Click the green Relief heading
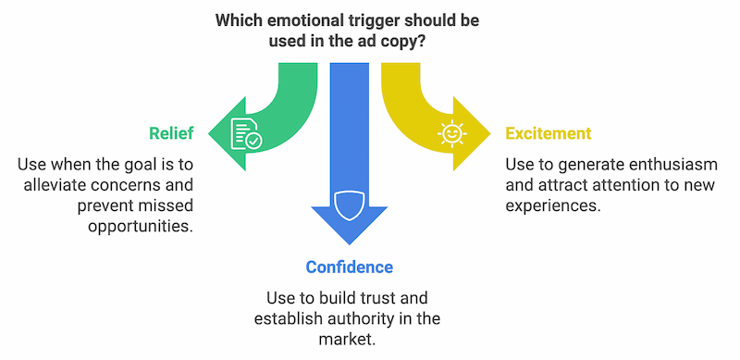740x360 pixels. (x=171, y=134)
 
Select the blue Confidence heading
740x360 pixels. (x=350, y=267)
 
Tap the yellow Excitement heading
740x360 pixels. (x=548, y=134)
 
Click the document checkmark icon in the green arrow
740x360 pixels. (x=245, y=134)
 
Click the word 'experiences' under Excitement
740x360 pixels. (x=550, y=205)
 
